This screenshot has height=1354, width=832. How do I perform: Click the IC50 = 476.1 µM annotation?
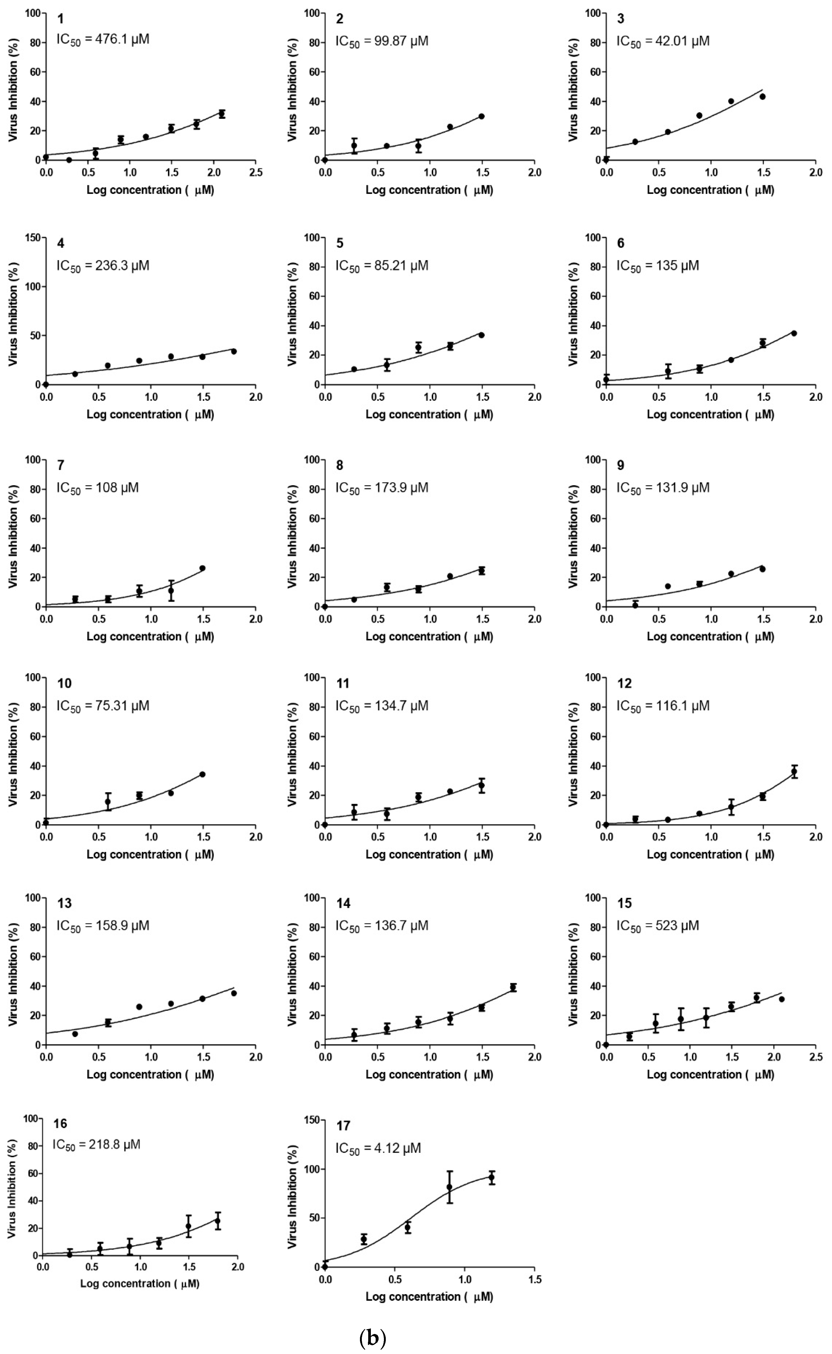click(x=103, y=40)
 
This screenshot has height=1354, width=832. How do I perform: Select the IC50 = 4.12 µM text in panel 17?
click(x=378, y=1149)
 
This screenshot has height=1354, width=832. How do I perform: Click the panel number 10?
click(x=64, y=683)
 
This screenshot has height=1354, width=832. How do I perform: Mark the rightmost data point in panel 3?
click(x=762, y=96)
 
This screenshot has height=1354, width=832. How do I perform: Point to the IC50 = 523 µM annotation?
click(x=658, y=925)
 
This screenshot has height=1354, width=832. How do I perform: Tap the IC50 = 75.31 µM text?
click(x=103, y=706)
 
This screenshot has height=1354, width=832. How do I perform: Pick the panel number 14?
click(x=343, y=903)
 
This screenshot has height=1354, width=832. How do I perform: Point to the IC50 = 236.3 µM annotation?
click(x=103, y=266)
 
